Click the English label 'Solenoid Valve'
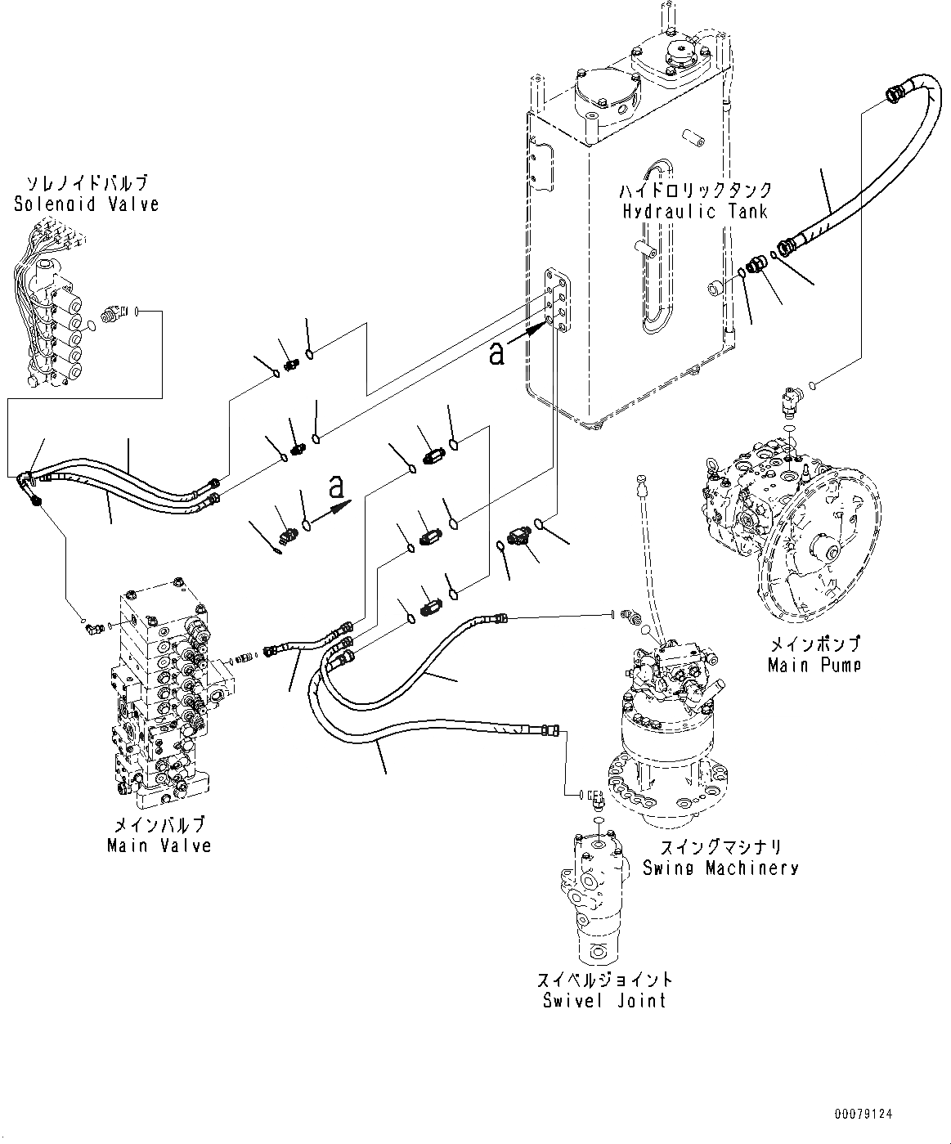pyautogui.click(x=87, y=204)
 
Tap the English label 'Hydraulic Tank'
pyautogui.click(x=695, y=212)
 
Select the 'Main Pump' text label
pyautogui.click(x=814, y=665)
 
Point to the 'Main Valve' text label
pyautogui.click(x=159, y=846)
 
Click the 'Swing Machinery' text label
pyautogui.click(x=720, y=868)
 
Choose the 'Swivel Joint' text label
pyautogui.click(x=604, y=1000)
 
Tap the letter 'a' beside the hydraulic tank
pyautogui.click(x=496, y=353)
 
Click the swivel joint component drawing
pyautogui.click(x=594, y=899)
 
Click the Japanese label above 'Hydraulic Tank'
pyautogui.click(x=696, y=190)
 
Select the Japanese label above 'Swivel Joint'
pyautogui.click(x=604, y=980)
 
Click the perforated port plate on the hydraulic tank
pyautogui.click(x=557, y=300)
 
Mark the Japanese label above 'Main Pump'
pyautogui.click(x=815, y=644)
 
